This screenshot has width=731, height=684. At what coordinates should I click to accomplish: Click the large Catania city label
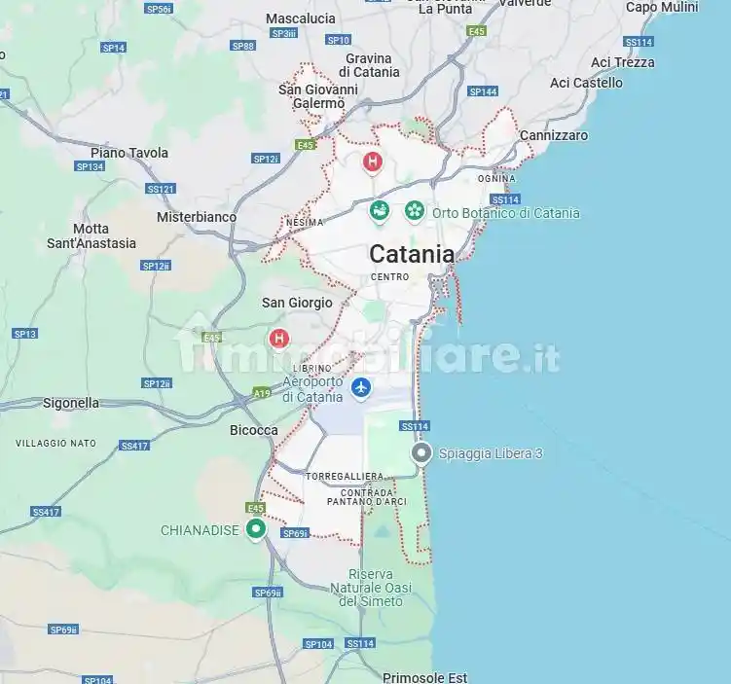click(411, 254)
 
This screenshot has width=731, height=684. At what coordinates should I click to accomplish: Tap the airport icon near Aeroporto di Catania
click(361, 387)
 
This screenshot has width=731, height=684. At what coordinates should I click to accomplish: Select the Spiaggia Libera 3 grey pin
click(421, 453)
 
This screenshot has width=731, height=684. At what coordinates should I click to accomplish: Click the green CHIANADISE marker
click(256, 529)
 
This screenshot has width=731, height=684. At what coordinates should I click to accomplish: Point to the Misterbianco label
click(197, 217)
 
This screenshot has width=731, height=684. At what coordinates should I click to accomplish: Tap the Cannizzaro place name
click(554, 135)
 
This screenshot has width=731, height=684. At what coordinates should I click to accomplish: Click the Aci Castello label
click(586, 83)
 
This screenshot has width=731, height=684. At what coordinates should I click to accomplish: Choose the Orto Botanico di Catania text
click(505, 213)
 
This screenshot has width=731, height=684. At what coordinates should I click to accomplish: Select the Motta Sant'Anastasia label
click(91, 235)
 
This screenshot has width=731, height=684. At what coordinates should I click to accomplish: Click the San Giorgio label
click(297, 303)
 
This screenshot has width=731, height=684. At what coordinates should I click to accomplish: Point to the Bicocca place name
click(253, 430)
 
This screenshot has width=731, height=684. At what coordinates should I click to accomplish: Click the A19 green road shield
click(261, 393)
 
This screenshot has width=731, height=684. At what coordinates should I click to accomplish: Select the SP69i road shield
click(295, 533)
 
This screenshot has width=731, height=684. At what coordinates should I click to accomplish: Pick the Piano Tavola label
click(129, 153)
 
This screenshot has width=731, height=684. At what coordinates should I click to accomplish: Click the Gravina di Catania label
click(369, 65)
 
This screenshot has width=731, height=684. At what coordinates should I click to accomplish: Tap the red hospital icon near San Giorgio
click(279, 339)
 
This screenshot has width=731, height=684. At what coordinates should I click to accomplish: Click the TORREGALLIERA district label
click(344, 476)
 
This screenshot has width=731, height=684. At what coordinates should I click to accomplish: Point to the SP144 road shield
click(483, 91)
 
